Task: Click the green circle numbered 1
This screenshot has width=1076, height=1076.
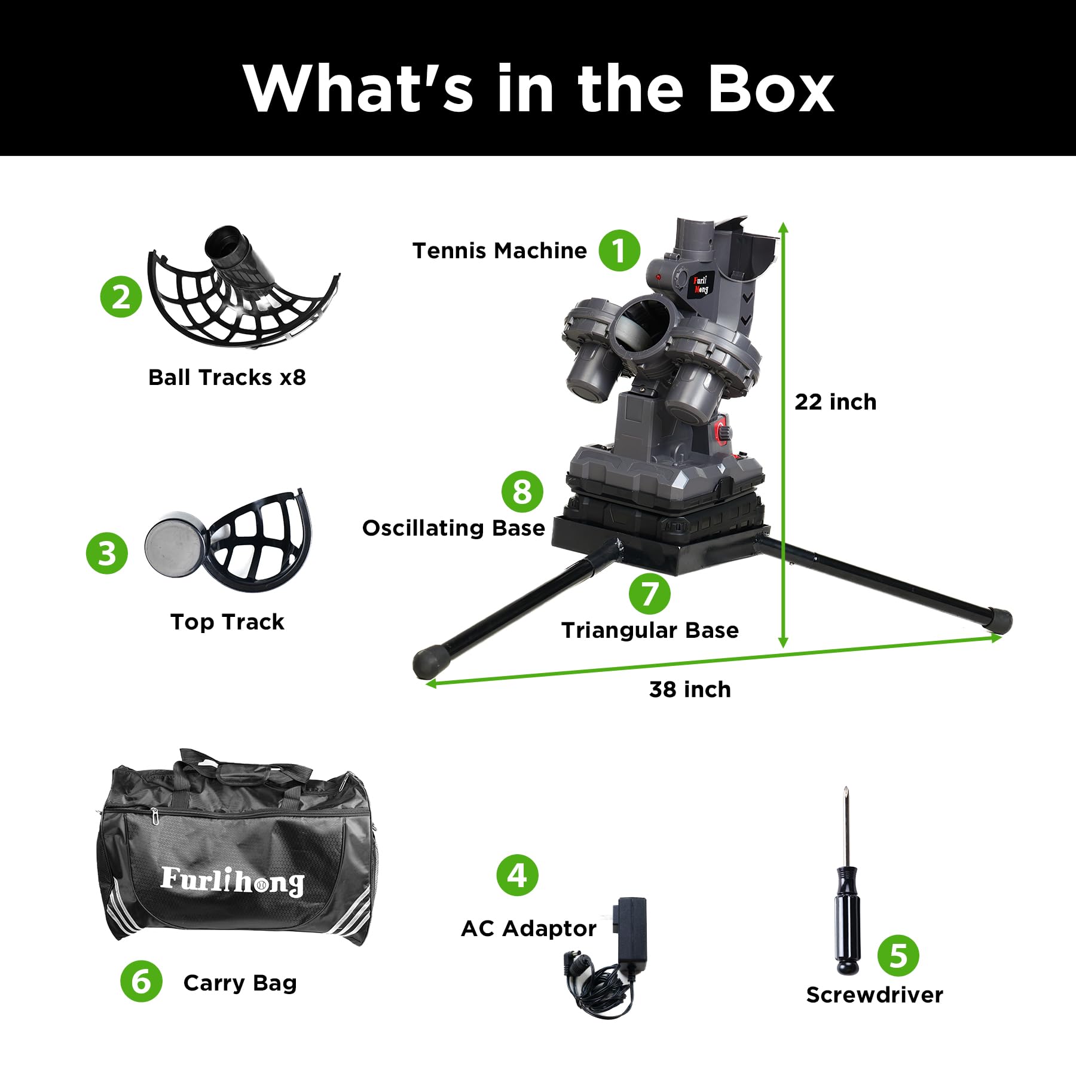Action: pyautogui.click(x=619, y=250)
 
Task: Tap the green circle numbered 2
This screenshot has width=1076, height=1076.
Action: pyautogui.click(x=121, y=296)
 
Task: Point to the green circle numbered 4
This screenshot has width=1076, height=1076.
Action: pyautogui.click(x=518, y=875)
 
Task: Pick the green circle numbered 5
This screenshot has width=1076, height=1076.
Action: pyautogui.click(x=898, y=956)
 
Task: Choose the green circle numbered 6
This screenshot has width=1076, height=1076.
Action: pyautogui.click(x=141, y=981)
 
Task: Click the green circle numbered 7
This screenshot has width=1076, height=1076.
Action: pyautogui.click(x=650, y=594)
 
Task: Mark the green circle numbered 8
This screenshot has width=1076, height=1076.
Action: pyautogui.click(x=522, y=492)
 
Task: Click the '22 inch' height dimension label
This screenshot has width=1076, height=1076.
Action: pyautogui.click(x=835, y=402)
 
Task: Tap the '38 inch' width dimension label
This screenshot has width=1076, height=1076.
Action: pyautogui.click(x=690, y=690)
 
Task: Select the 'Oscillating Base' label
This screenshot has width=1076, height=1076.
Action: pyautogui.click(x=454, y=528)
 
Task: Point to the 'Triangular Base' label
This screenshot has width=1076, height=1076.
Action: pyautogui.click(x=650, y=631)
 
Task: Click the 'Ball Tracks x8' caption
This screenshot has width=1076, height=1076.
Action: pyautogui.click(x=227, y=378)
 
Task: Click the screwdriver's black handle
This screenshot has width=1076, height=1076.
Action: pyautogui.click(x=847, y=920)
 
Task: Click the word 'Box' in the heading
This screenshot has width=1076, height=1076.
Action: pyautogui.click(x=771, y=89)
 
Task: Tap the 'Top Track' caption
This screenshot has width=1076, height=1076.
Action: pyautogui.click(x=227, y=622)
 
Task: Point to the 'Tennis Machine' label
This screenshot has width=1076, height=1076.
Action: pyautogui.click(x=500, y=251)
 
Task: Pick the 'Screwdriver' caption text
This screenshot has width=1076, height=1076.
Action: pyautogui.click(x=875, y=995)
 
